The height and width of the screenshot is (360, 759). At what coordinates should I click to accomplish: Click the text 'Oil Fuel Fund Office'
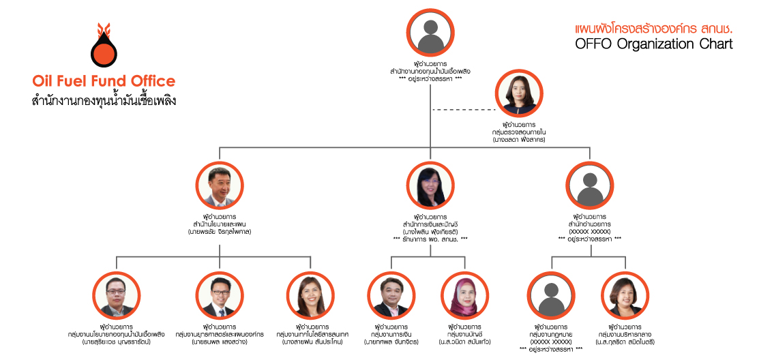[x=104, y=81]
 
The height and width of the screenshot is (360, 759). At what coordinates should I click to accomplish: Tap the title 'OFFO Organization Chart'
[x=654, y=45]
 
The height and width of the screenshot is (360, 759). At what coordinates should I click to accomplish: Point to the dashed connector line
[x=464, y=109]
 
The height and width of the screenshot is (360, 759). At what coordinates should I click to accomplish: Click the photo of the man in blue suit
[x=220, y=186]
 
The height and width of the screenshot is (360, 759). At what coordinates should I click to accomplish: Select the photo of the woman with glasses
[x=430, y=186]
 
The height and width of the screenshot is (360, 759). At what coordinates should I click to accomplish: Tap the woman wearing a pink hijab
[x=466, y=295]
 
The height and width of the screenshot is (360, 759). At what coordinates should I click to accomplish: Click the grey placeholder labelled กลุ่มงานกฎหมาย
[x=550, y=295]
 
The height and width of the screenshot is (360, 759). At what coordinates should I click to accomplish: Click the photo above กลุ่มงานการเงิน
[x=391, y=295]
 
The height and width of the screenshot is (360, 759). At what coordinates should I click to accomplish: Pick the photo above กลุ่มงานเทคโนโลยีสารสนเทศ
[x=310, y=295]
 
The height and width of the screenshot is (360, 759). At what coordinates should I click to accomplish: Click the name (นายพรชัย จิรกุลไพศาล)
[x=220, y=232]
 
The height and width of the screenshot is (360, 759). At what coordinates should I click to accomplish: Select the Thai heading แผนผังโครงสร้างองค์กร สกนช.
[x=654, y=29]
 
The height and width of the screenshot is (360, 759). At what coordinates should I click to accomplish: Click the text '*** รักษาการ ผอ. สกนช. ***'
[x=430, y=239]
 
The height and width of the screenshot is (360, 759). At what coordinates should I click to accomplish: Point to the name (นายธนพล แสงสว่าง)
[x=220, y=342]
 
